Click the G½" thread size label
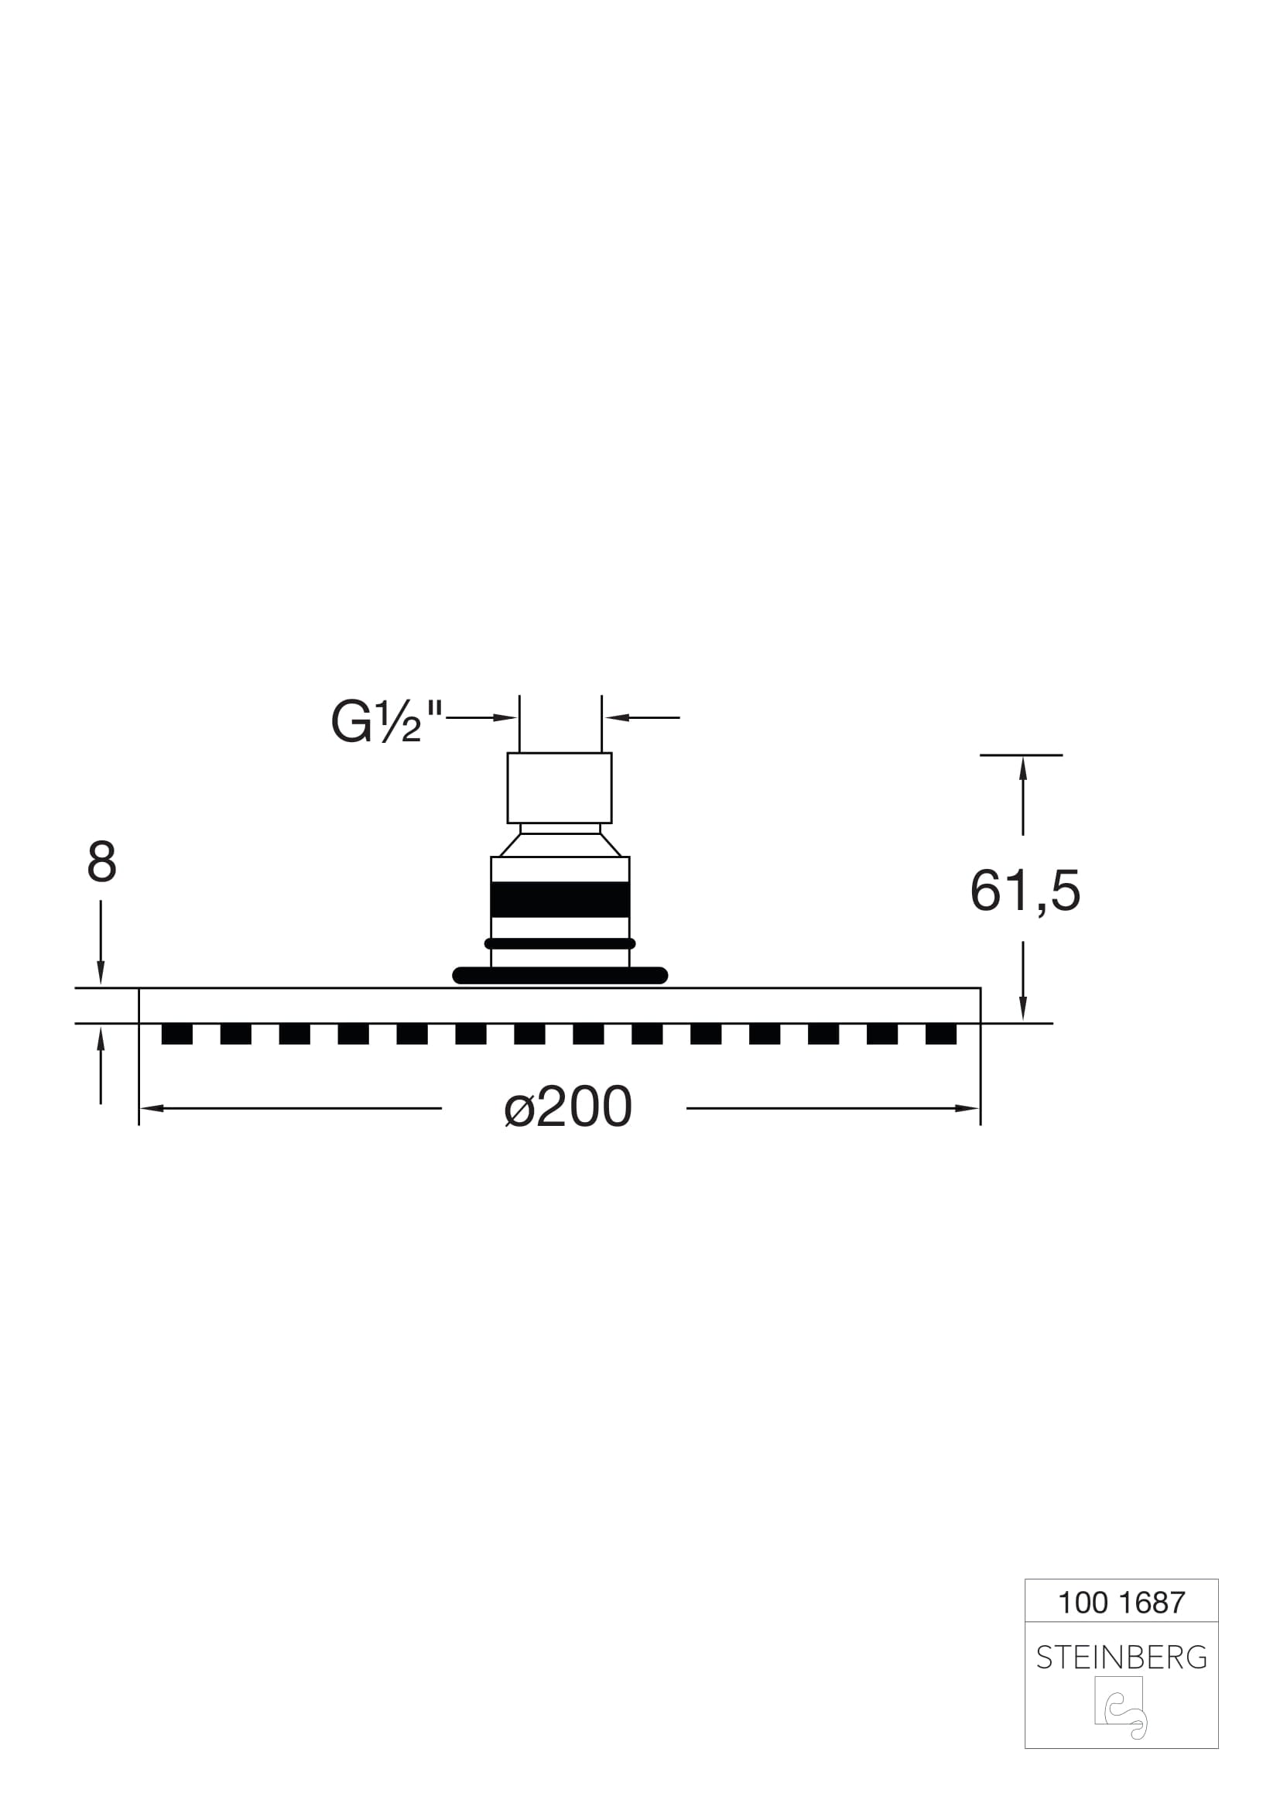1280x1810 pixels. (386, 722)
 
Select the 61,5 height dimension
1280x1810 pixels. (1025, 891)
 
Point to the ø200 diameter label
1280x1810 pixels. (567, 1107)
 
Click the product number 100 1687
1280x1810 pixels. (1121, 1603)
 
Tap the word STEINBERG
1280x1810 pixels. (1121, 1658)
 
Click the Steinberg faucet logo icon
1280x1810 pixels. (1121, 1708)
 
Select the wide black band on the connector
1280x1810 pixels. (560, 899)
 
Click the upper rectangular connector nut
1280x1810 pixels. (560, 788)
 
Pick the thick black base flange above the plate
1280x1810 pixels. (560, 975)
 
